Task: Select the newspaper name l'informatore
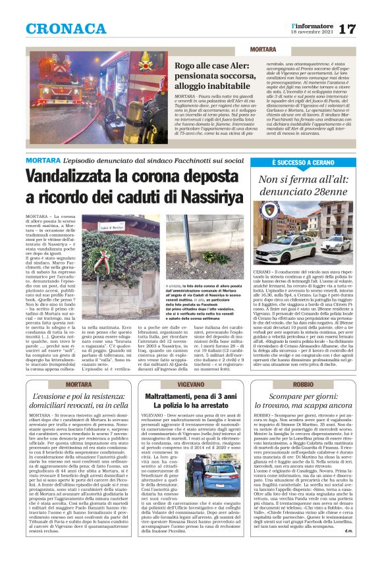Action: pyautogui.click(x=310, y=24)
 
